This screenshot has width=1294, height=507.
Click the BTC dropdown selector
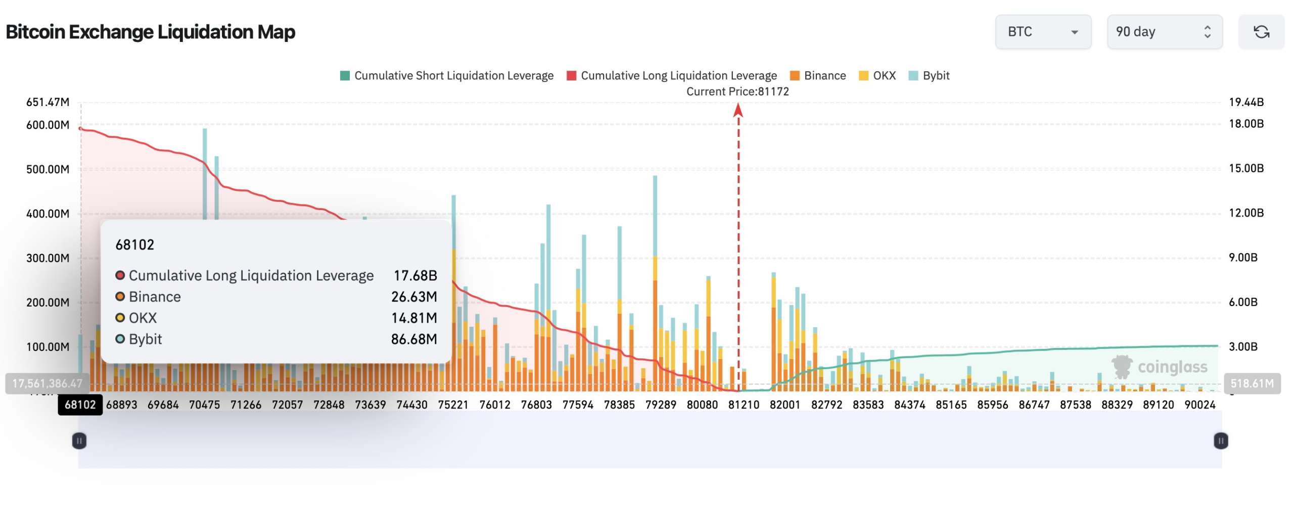[x=1043, y=32]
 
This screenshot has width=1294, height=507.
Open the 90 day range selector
[x=1165, y=32]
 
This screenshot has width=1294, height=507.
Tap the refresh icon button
[x=1261, y=32]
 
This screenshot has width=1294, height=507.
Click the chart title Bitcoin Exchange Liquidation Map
[x=151, y=32]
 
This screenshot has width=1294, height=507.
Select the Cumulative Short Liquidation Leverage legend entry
[x=447, y=76]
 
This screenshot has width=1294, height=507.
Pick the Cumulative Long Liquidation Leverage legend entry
[x=672, y=76]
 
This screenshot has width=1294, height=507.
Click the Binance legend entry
[x=818, y=76]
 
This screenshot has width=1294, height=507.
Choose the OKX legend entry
[x=877, y=76]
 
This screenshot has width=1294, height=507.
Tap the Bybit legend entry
[x=929, y=76]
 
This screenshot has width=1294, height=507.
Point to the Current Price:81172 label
[x=737, y=91]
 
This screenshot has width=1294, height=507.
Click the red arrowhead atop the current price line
[x=738, y=110]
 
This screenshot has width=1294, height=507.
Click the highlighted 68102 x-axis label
[x=80, y=404]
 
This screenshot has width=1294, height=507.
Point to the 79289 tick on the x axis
[x=661, y=404]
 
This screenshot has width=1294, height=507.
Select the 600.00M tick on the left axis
[x=48, y=125]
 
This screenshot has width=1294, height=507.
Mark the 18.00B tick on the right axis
[x=1246, y=124]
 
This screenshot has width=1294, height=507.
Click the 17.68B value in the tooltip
[x=415, y=275]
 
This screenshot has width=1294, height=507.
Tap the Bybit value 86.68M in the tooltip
[x=414, y=339]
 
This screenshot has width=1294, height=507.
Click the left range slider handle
[x=79, y=441]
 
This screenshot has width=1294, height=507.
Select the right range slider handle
[x=1221, y=441]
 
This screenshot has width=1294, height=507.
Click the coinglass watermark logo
[x=1159, y=367]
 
